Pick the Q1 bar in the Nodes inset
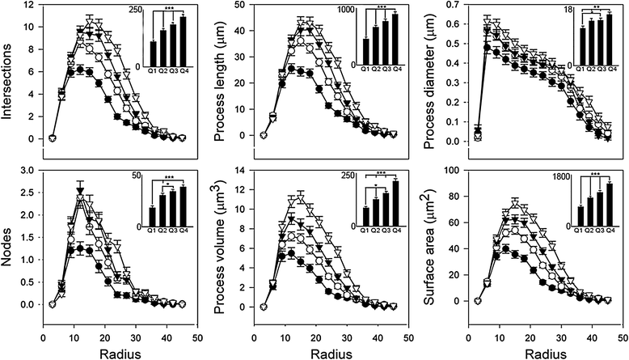click(153, 218)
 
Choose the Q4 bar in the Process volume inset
click(395, 205)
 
